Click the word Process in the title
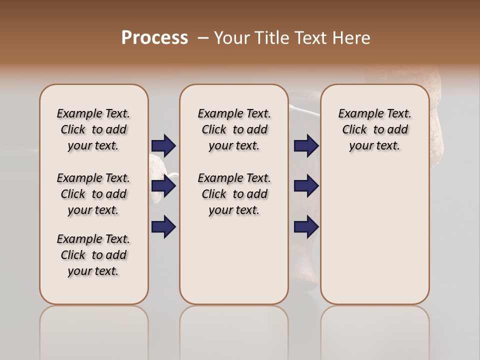click(154, 37)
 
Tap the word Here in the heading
click(350, 38)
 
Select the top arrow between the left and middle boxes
click(163, 145)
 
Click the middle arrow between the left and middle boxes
click(163, 186)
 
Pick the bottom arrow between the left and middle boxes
click(163, 226)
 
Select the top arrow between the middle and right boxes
click(306, 145)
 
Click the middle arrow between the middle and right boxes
click(306, 186)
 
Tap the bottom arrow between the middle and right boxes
click(306, 226)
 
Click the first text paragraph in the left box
click(93, 129)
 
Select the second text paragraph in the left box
click(93, 194)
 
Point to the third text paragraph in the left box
click(93, 255)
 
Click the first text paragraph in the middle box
click(234, 129)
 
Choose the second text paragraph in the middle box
click(234, 194)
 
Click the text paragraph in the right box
click(374, 129)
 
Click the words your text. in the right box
click(374, 145)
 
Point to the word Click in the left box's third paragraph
click(73, 255)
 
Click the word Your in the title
click(230, 38)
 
